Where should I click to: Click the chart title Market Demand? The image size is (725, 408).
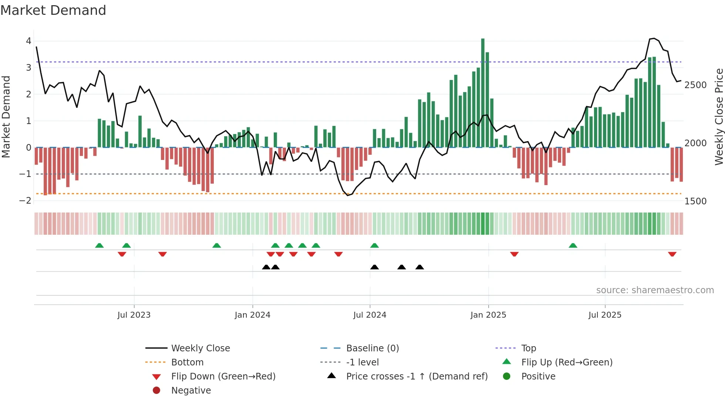[x=53, y=10]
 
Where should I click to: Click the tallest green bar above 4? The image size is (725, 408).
[x=483, y=93]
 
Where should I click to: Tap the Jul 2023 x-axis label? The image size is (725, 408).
[x=134, y=315]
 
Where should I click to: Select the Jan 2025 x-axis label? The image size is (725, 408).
[x=488, y=315]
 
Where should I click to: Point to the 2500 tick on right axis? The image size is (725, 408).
[x=695, y=85]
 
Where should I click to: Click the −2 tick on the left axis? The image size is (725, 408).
[x=25, y=201]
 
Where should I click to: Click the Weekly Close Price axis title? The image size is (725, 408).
[x=719, y=117]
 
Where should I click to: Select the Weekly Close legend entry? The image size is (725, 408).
[x=200, y=348]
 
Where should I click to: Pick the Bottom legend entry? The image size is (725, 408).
[x=187, y=362]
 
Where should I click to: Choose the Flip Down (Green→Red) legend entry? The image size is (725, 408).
[x=223, y=377]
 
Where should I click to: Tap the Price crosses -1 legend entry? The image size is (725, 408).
[x=417, y=377]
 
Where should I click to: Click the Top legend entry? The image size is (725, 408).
[x=529, y=348]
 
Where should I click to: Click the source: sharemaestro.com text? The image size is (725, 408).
[x=655, y=290]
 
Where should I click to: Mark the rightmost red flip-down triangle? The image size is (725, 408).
[x=672, y=254]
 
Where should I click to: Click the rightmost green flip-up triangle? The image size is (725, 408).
[x=573, y=245]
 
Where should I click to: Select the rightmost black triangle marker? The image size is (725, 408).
[x=419, y=267]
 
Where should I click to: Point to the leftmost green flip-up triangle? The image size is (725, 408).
[x=100, y=245]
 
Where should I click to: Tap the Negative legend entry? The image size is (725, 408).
[x=191, y=391]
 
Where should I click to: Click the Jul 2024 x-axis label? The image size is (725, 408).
[x=370, y=315]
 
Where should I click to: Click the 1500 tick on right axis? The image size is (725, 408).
[x=695, y=201]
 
